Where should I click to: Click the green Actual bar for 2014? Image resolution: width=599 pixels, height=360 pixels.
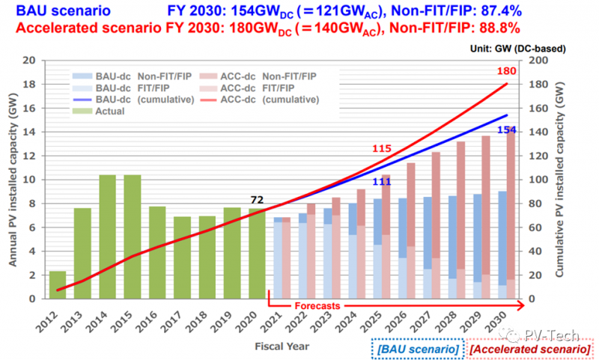pyautogui.click(x=107, y=237)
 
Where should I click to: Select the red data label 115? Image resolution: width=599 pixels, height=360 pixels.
pyautogui.click(x=383, y=148)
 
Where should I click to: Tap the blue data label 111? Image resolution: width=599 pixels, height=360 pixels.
pyautogui.click(x=383, y=182)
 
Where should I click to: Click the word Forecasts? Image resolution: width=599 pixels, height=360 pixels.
pyautogui.click(x=317, y=305)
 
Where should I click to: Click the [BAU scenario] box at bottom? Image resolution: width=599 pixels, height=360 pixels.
pyautogui.click(x=416, y=349)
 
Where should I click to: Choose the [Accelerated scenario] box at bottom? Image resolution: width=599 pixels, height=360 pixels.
pyautogui.click(x=529, y=349)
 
